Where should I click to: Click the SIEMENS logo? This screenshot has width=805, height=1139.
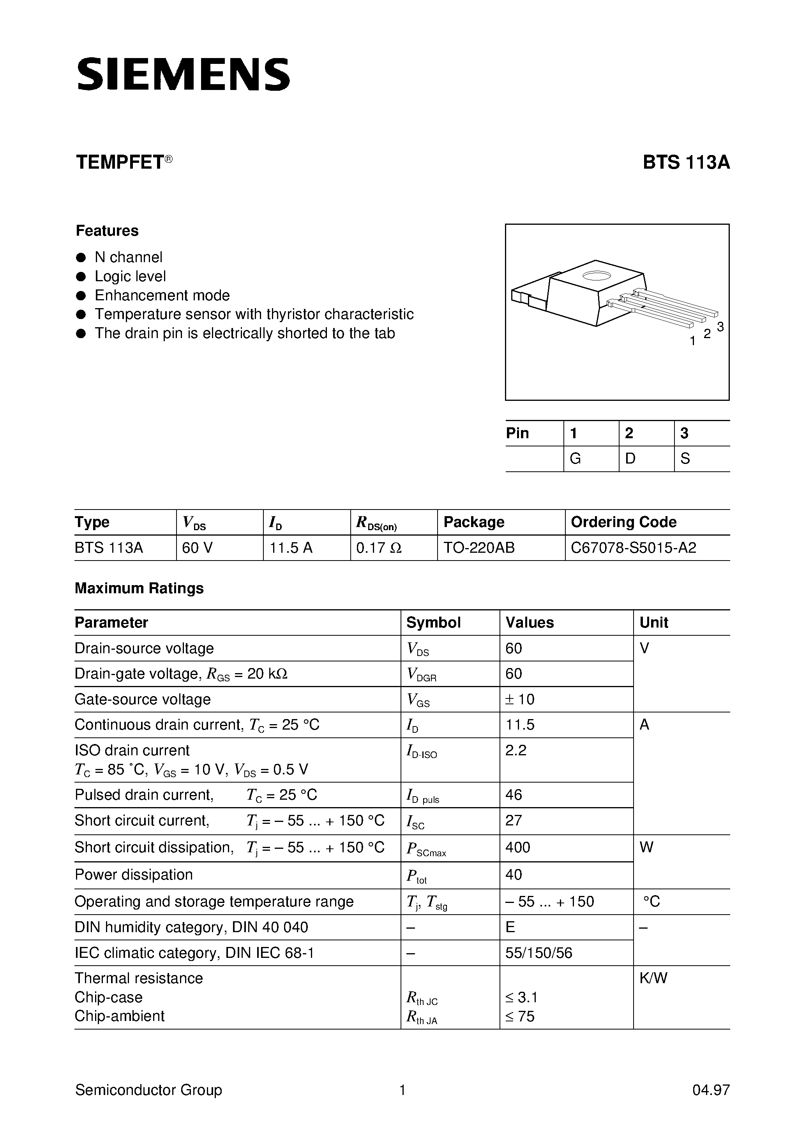click(183, 74)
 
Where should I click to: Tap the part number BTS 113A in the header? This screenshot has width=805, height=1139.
click(686, 163)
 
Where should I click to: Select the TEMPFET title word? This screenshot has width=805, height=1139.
click(120, 163)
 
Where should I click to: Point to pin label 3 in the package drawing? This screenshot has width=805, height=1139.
click(720, 326)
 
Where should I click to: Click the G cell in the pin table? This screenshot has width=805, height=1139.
click(575, 459)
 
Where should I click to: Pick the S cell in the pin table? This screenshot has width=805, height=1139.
click(685, 459)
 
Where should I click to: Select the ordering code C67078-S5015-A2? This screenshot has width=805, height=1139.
click(633, 548)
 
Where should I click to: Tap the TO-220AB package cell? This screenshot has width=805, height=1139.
click(479, 548)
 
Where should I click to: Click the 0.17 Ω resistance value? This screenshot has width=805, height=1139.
click(379, 548)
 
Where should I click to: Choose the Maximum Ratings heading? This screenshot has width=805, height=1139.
click(139, 588)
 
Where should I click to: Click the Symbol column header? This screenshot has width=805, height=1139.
click(433, 622)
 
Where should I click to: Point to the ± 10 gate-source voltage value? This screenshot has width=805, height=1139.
click(520, 700)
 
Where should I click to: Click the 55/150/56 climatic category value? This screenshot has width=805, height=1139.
click(538, 953)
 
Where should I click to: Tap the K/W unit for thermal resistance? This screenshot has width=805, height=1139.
click(653, 978)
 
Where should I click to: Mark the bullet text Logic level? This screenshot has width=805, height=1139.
click(130, 276)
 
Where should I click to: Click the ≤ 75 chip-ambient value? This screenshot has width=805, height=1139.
click(520, 1016)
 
